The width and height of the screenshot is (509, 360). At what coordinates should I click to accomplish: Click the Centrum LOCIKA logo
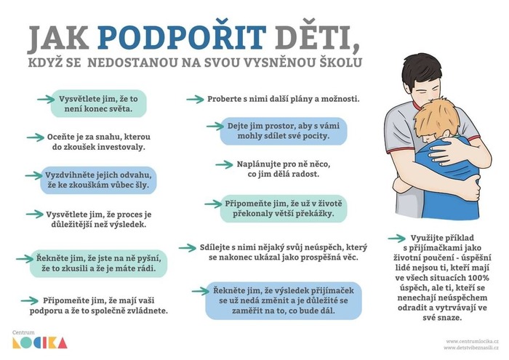[39, 340]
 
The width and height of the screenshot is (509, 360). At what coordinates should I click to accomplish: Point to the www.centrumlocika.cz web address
[472, 341]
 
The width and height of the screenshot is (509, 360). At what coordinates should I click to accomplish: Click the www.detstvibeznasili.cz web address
[470, 348]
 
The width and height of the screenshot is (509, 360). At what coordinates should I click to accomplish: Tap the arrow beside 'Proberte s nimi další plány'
[195, 99]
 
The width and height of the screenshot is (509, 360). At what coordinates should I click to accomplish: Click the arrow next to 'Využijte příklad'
[397, 239]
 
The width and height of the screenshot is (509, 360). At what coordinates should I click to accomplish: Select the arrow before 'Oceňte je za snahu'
[36, 137]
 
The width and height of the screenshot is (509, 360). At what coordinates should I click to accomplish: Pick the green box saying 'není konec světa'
[99, 103]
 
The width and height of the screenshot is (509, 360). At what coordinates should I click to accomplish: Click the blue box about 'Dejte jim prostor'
[284, 131]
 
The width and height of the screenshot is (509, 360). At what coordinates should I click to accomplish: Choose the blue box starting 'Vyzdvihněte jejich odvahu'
[98, 180]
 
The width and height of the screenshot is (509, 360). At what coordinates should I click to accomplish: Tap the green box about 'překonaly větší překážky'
[284, 209]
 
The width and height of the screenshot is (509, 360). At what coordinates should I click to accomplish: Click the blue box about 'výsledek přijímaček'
[284, 300]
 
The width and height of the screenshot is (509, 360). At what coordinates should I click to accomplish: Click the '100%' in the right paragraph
[478, 278]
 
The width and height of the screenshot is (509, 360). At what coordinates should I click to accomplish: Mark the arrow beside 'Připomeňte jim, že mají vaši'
[30, 301]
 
